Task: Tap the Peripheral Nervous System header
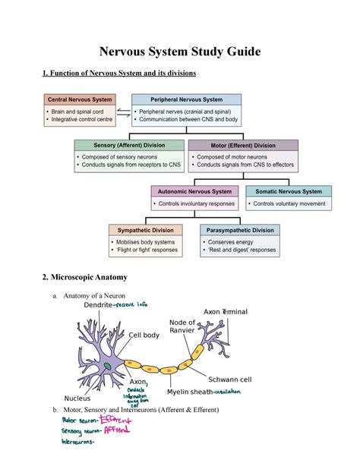(186, 99)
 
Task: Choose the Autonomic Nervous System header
(195, 191)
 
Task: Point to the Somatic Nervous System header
(288, 191)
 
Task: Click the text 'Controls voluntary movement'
(289, 204)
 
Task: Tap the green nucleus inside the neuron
(108, 367)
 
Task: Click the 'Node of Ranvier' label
(183, 326)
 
